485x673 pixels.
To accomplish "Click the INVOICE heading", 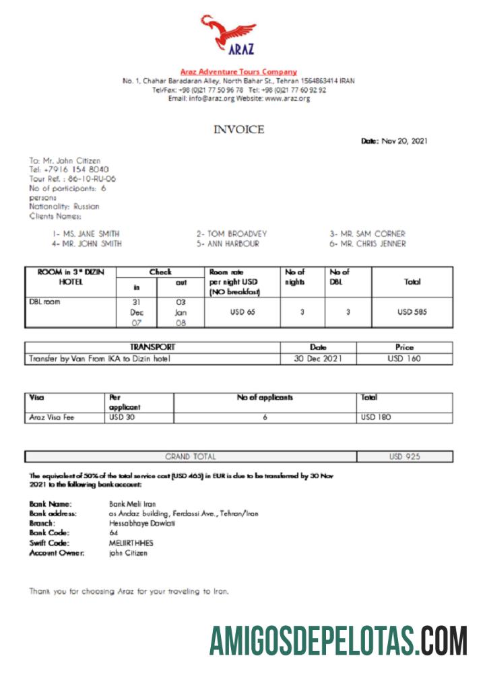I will [239, 129].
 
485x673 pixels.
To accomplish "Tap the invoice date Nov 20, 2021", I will [404, 141].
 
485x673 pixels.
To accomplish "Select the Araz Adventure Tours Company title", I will [238, 71].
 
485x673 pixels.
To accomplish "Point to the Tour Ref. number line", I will [73, 178].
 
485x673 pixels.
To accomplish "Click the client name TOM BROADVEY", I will [232, 234].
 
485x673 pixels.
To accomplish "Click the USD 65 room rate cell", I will [243, 312].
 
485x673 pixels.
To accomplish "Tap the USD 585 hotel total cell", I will [412, 312].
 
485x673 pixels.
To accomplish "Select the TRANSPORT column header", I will [152, 347].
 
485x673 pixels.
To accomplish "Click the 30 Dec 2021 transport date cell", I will [318, 359].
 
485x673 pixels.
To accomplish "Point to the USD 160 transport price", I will [404, 359].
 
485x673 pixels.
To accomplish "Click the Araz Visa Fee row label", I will [52, 417].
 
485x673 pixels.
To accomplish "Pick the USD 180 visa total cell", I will [376, 417].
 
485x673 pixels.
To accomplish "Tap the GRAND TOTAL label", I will [191, 456].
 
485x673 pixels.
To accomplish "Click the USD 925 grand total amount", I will [404, 456].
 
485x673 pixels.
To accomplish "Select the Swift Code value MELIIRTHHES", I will [131, 543].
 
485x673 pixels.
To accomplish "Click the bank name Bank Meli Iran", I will [132, 503].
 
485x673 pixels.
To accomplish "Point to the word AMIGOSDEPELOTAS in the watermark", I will [314, 640].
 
